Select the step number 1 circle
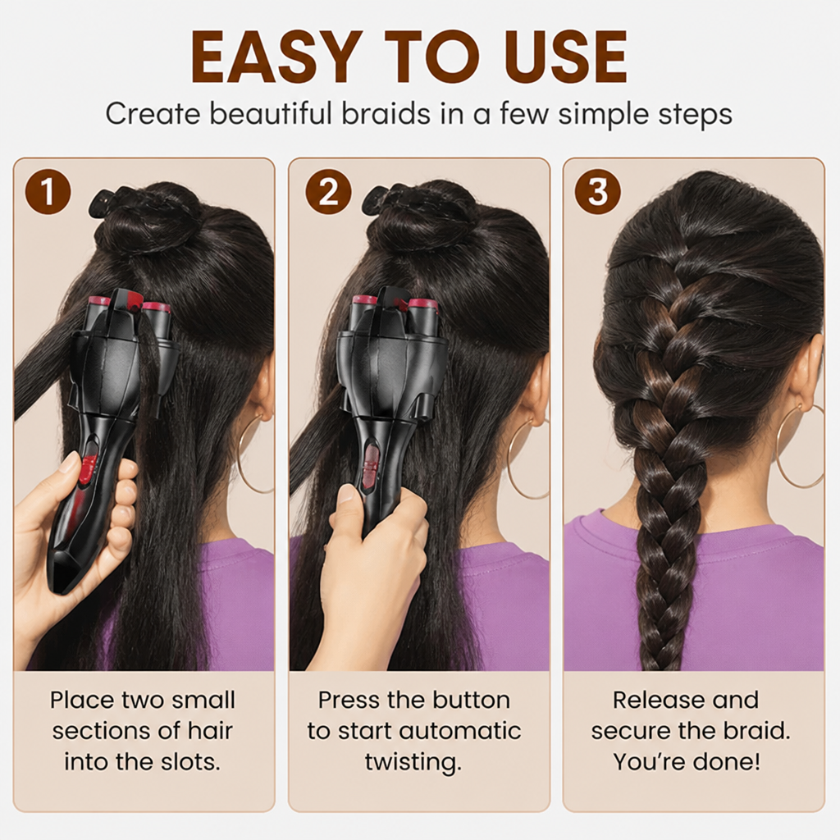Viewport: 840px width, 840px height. click(x=48, y=191)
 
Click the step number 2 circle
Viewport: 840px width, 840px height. click(x=328, y=191)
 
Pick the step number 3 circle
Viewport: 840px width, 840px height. click(x=598, y=191)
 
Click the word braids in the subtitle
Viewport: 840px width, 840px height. click(x=386, y=113)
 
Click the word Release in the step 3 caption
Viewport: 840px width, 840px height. click(x=655, y=700)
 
